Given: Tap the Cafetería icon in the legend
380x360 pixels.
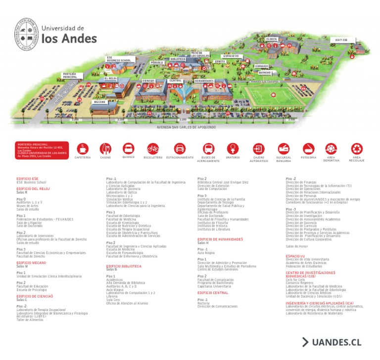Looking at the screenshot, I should [83, 149].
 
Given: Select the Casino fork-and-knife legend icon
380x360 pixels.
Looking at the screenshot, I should [105, 149].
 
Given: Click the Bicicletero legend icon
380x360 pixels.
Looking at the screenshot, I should [152, 149].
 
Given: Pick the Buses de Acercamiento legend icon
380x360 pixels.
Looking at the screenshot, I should [208, 149].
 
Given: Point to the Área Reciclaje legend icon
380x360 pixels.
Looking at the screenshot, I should [357, 149].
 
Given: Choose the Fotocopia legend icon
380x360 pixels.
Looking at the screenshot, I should [308, 149].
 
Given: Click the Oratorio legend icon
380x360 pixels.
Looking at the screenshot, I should [233, 149].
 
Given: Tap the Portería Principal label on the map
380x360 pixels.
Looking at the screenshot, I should [69, 76].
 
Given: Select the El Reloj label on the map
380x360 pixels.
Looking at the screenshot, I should [110, 78].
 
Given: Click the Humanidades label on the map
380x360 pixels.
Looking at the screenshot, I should [204, 80].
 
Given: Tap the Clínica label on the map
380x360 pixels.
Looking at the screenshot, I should [271, 39].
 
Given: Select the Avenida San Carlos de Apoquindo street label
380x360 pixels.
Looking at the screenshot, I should [186, 127].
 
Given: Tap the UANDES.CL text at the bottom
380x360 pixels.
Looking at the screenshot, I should [336, 342].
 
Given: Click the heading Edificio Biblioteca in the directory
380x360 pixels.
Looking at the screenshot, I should [124, 266].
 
